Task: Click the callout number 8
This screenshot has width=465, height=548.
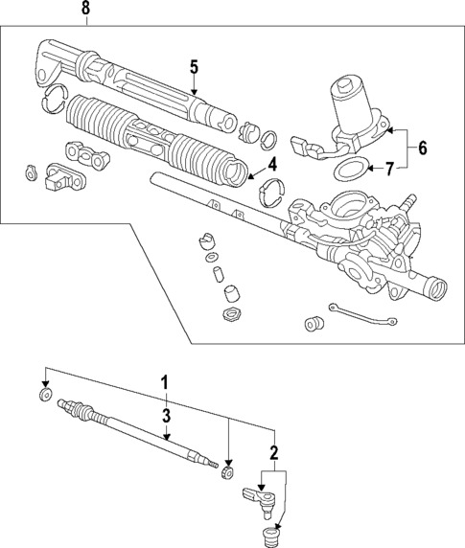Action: tap(85, 9)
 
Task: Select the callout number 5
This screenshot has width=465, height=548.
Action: tap(194, 67)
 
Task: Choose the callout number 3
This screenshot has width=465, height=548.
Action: tap(166, 415)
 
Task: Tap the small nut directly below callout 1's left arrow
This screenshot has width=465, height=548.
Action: tap(44, 395)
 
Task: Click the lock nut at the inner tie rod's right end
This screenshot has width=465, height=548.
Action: tap(227, 472)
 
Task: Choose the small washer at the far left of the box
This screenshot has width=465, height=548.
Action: tap(30, 173)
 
